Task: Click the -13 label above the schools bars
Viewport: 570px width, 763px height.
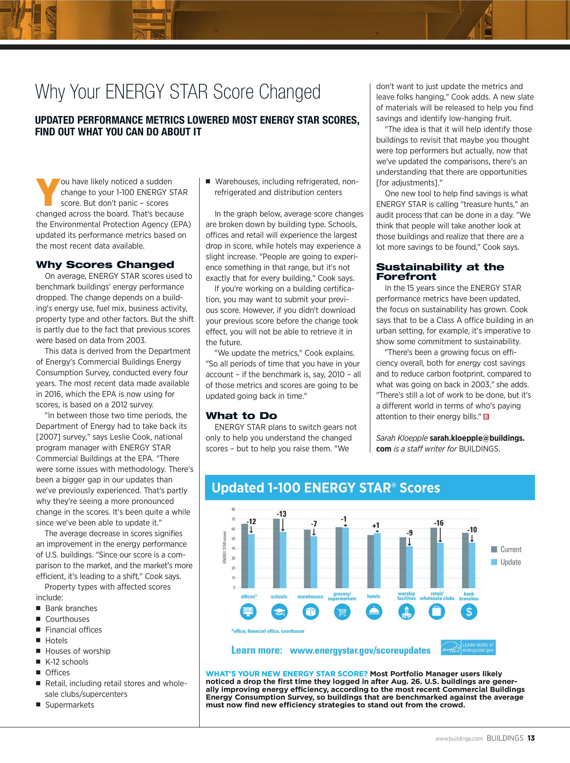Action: point(281,514)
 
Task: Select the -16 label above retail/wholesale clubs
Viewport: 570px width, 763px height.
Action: point(438,523)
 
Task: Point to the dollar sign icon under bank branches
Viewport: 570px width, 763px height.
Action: point(469,612)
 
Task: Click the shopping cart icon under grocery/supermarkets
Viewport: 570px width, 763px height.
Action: point(342,612)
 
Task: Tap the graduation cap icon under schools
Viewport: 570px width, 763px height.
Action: point(279,612)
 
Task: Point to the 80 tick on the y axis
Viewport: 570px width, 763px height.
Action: point(233,509)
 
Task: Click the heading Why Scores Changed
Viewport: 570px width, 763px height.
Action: point(105,265)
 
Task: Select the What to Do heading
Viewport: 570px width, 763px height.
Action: point(241,416)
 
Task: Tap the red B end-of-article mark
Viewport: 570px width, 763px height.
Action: point(486,417)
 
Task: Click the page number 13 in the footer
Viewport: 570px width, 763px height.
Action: point(531,738)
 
